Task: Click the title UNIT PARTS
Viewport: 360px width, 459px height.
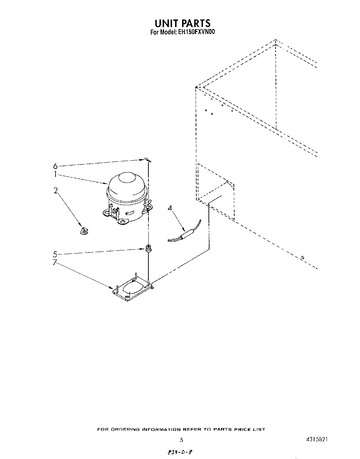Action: (182, 23)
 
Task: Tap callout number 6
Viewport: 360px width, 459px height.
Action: (55, 166)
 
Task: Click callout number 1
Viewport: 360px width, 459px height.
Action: (55, 175)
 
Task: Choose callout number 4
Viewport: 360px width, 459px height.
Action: (170, 208)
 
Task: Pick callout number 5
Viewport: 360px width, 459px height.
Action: (55, 254)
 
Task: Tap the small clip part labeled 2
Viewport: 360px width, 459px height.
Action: (83, 231)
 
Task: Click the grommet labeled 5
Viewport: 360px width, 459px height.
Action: (148, 248)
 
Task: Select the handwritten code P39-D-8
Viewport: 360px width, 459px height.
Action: (180, 453)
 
